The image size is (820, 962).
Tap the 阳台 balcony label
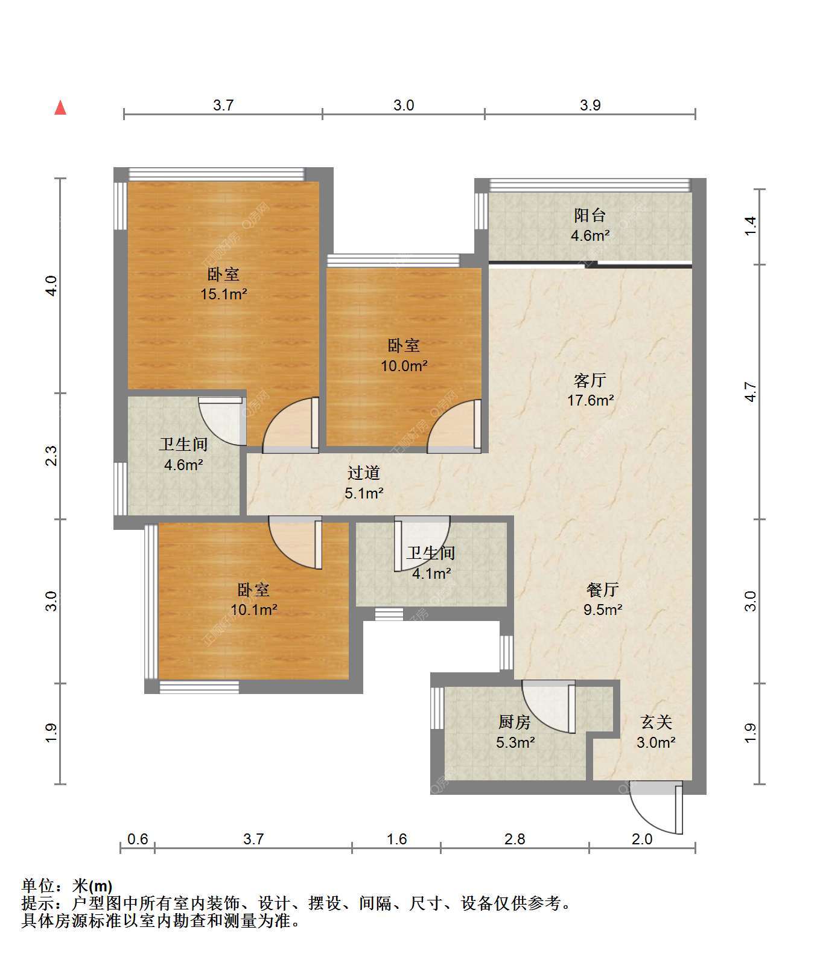[x=590, y=215]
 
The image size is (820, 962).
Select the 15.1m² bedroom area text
[x=224, y=295]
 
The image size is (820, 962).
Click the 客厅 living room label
[x=590, y=380]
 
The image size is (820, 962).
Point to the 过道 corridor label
[x=364, y=473]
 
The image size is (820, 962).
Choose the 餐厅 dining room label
[x=602, y=589]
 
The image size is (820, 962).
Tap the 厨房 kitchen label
[x=515, y=722]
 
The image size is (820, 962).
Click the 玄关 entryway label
[x=656, y=722]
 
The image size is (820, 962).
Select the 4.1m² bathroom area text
[x=431, y=573]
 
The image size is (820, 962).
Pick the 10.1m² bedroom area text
[x=254, y=610]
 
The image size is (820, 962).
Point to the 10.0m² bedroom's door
[x=454, y=425]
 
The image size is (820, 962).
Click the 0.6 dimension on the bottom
[x=138, y=839]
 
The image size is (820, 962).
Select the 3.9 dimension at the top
[x=590, y=105]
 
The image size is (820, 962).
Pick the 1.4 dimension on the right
[x=751, y=226]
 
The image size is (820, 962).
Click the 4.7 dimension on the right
[x=751, y=392]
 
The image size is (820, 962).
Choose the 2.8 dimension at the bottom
[x=515, y=839]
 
